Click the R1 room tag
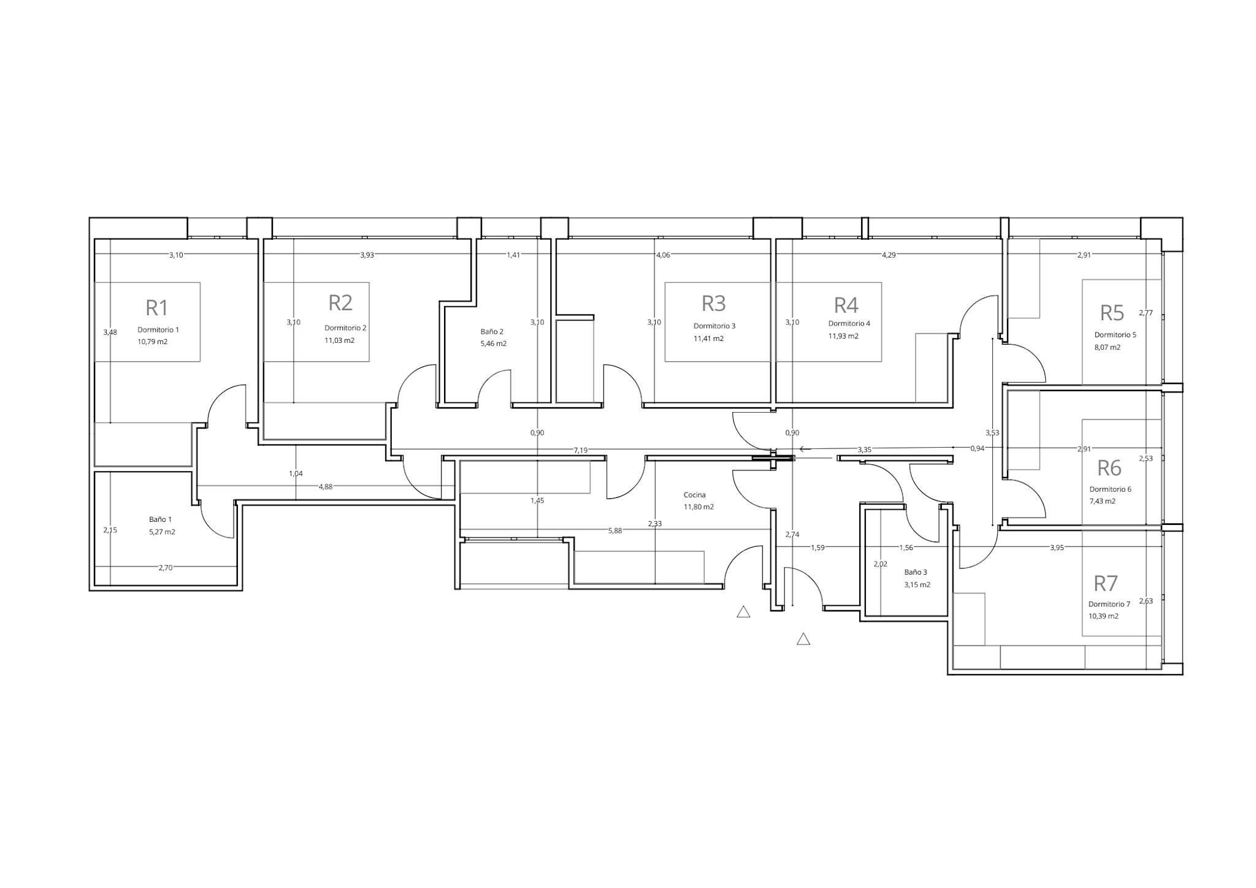pyautogui.click(x=157, y=307)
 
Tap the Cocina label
pyautogui.click(x=694, y=495)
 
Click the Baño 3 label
pyautogui.click(x=916, y=572)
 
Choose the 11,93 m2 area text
pyautogui.click(x=843, y=336)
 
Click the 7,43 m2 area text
pyautogui.click(x=1102, y=501)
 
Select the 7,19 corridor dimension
pyautogui.click(x=580, y=450)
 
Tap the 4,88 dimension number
pyautogui.click(x=325, y=487)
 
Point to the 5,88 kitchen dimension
pyautogui.click(x=615, y=531)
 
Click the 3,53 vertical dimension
pyautogui.click(x=992, y=433)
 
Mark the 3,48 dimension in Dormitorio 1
pyautogui.click(x=110, y=332)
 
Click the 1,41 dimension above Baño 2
pyautogui.click(x=513, y=255)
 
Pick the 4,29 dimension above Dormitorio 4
pyautogui.click(x=889, y=255)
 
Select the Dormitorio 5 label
pyautogui.click(x=1115, y=335)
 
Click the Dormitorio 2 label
pyautogui.click(x=345, y=327)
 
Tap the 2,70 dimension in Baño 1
pyautogui.click(x=166, y=568)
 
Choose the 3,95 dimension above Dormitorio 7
pyautogui.click(x=1057, y=548)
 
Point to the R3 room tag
pyautogui.click(x=714, y=303)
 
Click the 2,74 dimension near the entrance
pyautogui.click(x=792, y=535)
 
